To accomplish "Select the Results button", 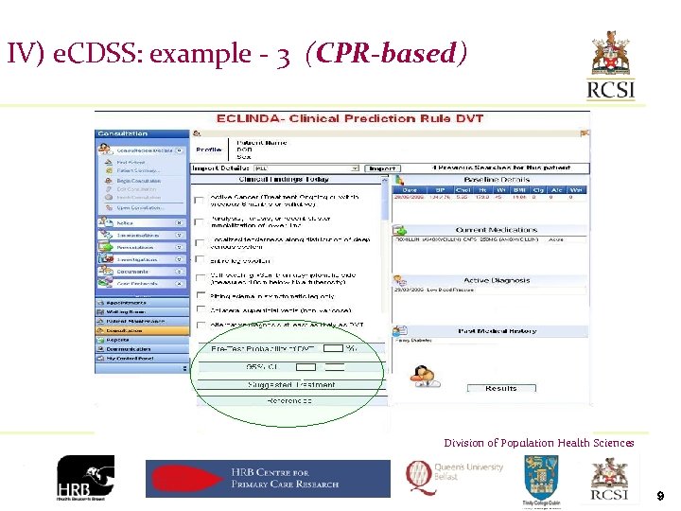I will [500, 388].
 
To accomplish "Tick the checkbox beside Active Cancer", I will [199, 200].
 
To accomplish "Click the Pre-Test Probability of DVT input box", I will [333, 349].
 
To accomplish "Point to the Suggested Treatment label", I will [291, 384].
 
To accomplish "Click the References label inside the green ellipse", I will [289, 401].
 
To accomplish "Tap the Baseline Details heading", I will [498, 179].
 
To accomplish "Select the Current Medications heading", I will [498, 230].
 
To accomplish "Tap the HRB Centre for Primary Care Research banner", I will [268, 478].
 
